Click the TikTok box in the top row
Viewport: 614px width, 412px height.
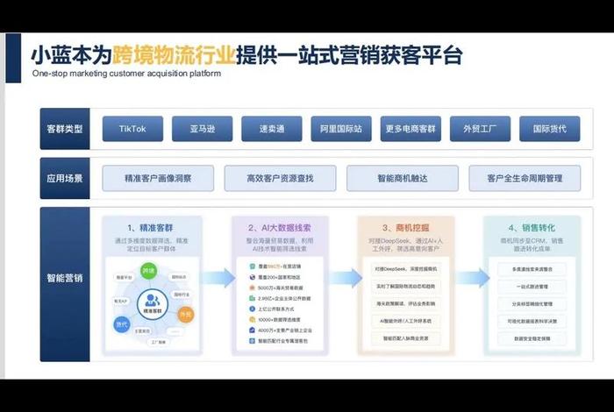pyautogui.click(x=132, y=129)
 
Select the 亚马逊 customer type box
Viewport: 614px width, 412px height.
pyautogui.click(x=203, y=129)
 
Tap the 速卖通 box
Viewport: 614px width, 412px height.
pyautogui.click(x=272, y=129)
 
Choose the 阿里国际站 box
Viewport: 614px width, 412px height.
pyautogui.click(x=341, y=129)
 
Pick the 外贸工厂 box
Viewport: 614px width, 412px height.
pyautogui.click(x=480, y=129)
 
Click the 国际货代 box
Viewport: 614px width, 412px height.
pyautogui.click(x=549, y=129)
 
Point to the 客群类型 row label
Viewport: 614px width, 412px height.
pyautogui.click(x=65, y=129)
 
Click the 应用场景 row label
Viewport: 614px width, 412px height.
pyautogui.click(x=65, y=178)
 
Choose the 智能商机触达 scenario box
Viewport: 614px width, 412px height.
pyautogui.click(x=402, y=178)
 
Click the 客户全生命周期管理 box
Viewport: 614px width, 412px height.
pyautogui.click(x=524, y=178)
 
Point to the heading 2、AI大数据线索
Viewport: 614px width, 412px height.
pyautogui.click(x=281, y=226)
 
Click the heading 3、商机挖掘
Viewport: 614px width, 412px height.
pyautogui.click(x=405, y=226)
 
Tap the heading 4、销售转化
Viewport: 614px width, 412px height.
pyautogui.click(x=531, y=226)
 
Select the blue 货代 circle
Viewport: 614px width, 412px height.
pyautogui.click(x=122, y=323)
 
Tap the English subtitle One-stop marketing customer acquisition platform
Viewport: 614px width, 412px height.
pyautogui.click(x=126, y=74)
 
